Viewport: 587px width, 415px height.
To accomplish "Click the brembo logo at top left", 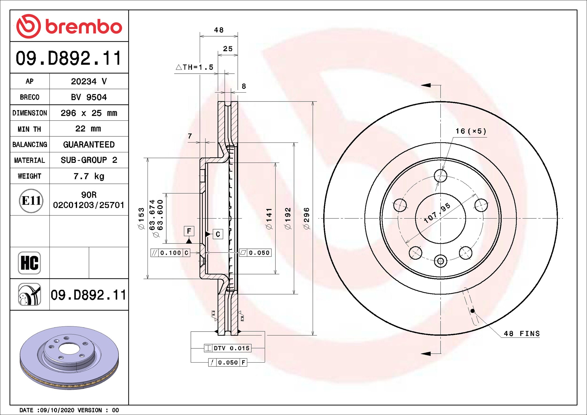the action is pos(69,26).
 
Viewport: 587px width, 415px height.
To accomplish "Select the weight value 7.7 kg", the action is pos(89,176).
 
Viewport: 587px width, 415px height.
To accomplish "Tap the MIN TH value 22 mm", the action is pos(88,129).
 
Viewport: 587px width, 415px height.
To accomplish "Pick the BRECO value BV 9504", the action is pos(89,97).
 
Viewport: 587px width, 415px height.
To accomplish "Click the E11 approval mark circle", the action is pos(31,201).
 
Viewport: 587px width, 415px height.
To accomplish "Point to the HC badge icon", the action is pos(29,263).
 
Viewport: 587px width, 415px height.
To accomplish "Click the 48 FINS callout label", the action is pos(522,334).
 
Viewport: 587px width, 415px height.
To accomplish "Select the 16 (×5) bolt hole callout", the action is pos(471,131).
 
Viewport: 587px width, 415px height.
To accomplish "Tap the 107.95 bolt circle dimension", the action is pos(437,213).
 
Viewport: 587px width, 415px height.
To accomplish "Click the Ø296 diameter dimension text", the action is pos(306,218).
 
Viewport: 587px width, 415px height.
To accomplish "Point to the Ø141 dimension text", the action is pos(269,218).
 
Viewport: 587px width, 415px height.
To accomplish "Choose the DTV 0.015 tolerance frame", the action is pos(228,348).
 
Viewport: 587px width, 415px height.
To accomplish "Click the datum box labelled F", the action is pos(189,231).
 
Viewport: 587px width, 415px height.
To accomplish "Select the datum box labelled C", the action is pos(218,234).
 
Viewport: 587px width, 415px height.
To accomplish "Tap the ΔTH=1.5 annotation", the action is pos(194,67).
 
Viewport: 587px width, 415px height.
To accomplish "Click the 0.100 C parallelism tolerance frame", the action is pos(170,253).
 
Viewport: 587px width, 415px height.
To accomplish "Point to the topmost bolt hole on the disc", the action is pos(441,176).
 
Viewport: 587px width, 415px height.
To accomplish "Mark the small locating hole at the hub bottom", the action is pos(441,261).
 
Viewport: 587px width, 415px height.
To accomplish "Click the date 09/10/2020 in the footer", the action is pos(57,410).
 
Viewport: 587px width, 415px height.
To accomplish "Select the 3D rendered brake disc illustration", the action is pos(69,358).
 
